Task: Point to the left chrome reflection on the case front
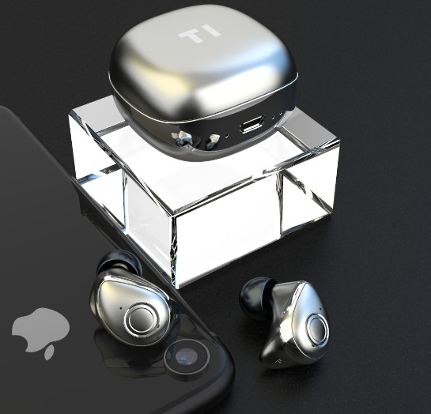[x=184, y=141]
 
